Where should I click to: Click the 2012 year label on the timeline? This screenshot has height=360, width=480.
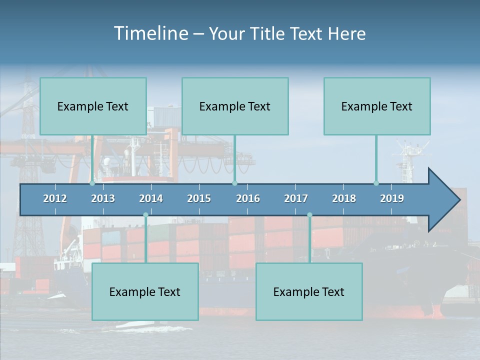pyautogui.click(x=55, y=198)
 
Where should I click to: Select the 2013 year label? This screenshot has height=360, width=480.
pyautogui.click(x=103, y=198)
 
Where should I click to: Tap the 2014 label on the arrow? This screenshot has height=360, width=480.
pyautogui.click(x=151, y=198)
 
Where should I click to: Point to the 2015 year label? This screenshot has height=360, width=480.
pyautogui.click(x=199, y=198)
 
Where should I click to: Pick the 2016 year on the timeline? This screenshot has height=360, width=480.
pyautogui.click(x=248, y=198)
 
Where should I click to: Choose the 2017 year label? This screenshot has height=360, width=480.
pyautogui.click(x=296, y=198)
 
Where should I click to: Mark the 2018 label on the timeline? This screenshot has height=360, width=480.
pyautogui.click(x=344, y=198)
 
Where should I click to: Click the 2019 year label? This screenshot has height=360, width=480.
pyautogui.click(x=392, y=198)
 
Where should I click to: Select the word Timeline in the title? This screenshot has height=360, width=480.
pyautogui.click(x=150, y=33)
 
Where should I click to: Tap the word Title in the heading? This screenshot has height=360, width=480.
pyautogui.click(x=269, y=34)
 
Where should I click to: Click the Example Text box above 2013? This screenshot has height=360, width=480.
pyautogui.click(x=93, y=106)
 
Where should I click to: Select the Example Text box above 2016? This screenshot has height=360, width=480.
pyautogui.click(x=235, y=106)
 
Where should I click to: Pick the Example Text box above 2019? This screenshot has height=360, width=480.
pyautogui.click(x=377, y=106)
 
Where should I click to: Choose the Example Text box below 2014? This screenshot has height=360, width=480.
pyautogui.click(x=145, y=292)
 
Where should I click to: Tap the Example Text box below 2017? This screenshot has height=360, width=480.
pyautogui.click(x=309, y=292)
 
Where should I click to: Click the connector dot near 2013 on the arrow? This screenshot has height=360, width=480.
pyautogui.click(x=92, y=183)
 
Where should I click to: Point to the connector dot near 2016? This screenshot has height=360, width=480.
pyautogui.click(x=234, y=183)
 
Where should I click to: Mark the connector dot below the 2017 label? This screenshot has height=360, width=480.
pyautogui.click(x=309, y=215)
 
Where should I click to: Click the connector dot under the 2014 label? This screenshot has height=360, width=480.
pyautogui.click(x=145, y=215)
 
